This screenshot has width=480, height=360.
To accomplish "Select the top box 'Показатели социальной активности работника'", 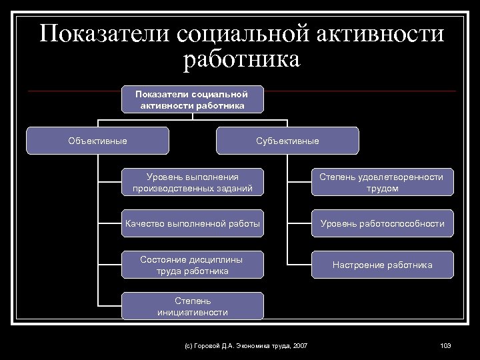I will click(192, 99).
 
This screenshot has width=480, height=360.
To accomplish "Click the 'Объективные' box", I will click(97, 141).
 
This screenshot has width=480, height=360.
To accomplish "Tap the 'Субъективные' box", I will click(287, 141).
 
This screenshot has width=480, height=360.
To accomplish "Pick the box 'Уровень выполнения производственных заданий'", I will click(192, 183).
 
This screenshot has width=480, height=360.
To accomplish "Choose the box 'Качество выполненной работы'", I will click(192, 223).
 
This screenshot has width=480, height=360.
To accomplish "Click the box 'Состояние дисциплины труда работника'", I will click(192, 265).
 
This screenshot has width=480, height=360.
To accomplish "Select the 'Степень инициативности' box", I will click(192, 306).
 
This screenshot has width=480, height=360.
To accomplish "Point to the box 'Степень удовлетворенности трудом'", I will click(382, 183).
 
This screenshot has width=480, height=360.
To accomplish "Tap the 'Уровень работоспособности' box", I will click(382, 223).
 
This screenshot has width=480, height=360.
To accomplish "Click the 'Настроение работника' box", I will click(382, 265).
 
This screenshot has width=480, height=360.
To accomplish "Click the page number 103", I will click(446, 345).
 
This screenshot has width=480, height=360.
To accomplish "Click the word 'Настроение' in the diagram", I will click(356, 265).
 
